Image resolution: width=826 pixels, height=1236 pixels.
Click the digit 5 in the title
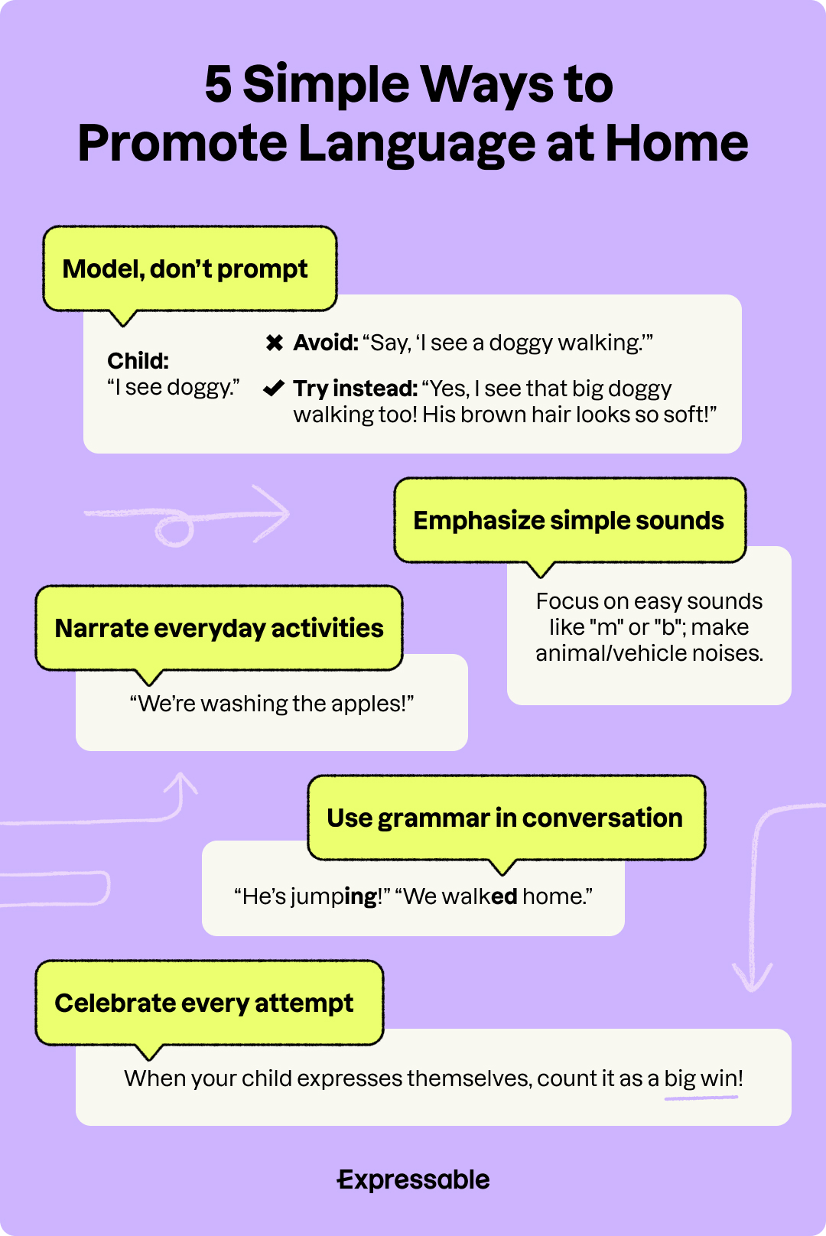[x=218, y=84]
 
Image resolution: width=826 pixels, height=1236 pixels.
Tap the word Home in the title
[x=676, y=144]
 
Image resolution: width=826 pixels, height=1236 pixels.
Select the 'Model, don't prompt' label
[x=185, y=269]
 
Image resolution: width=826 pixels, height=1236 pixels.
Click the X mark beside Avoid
[x=275, y=343]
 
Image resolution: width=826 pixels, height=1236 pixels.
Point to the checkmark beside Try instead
[x=274, y=389]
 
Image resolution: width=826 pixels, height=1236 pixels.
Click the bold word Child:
[x=138, y=361]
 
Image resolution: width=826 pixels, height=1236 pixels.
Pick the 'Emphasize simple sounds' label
[x=568, y=521]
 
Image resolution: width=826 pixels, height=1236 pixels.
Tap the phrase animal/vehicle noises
[x=649, y=654]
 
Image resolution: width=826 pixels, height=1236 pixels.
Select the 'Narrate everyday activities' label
[x=219, y=629]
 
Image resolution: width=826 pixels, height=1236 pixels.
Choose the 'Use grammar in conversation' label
[x=505, y=818]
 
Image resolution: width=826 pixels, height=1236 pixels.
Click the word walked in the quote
[x=480, y=896]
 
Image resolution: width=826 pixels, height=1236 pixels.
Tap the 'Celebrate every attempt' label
[x=204, y=1003]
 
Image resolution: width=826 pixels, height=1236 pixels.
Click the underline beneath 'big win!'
[x=701, y=1098]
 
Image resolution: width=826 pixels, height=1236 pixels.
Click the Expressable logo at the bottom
[x=413, y=1180]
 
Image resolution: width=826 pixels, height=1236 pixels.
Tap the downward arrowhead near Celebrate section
[x=753, y=979]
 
